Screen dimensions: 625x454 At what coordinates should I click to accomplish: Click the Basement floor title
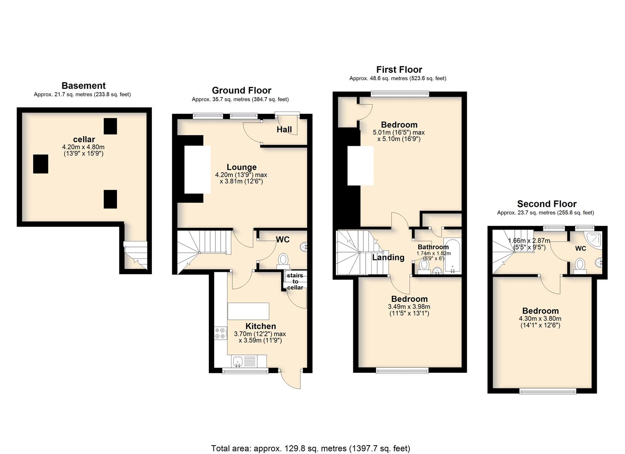click(83, 86)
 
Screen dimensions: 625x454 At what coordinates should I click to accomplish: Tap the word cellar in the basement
click(84, 139)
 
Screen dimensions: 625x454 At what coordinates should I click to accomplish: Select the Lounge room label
click(242, 167)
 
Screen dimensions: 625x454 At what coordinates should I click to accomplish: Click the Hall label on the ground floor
click(285, 129)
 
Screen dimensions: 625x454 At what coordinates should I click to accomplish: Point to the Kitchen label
click(261, 326)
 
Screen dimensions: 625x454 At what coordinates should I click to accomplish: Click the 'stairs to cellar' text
click(295, 282)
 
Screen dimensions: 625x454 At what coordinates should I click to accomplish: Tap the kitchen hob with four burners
click(221, 333)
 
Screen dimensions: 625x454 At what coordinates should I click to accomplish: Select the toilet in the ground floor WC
click(283, 261)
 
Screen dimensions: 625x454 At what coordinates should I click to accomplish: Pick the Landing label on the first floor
click(388, 257)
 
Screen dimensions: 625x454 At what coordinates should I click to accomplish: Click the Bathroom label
click(433, 247)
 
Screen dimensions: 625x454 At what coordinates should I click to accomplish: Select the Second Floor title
click(547, 204)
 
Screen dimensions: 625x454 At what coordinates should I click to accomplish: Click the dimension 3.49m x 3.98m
click(409, 306)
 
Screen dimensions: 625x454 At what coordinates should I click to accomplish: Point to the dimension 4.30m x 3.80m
click(540, 319)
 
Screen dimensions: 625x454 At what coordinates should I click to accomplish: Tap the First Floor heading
click(399, 69)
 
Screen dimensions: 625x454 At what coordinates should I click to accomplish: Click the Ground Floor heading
click(242, 90)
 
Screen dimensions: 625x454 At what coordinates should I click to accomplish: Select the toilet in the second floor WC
click(580, 265)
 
